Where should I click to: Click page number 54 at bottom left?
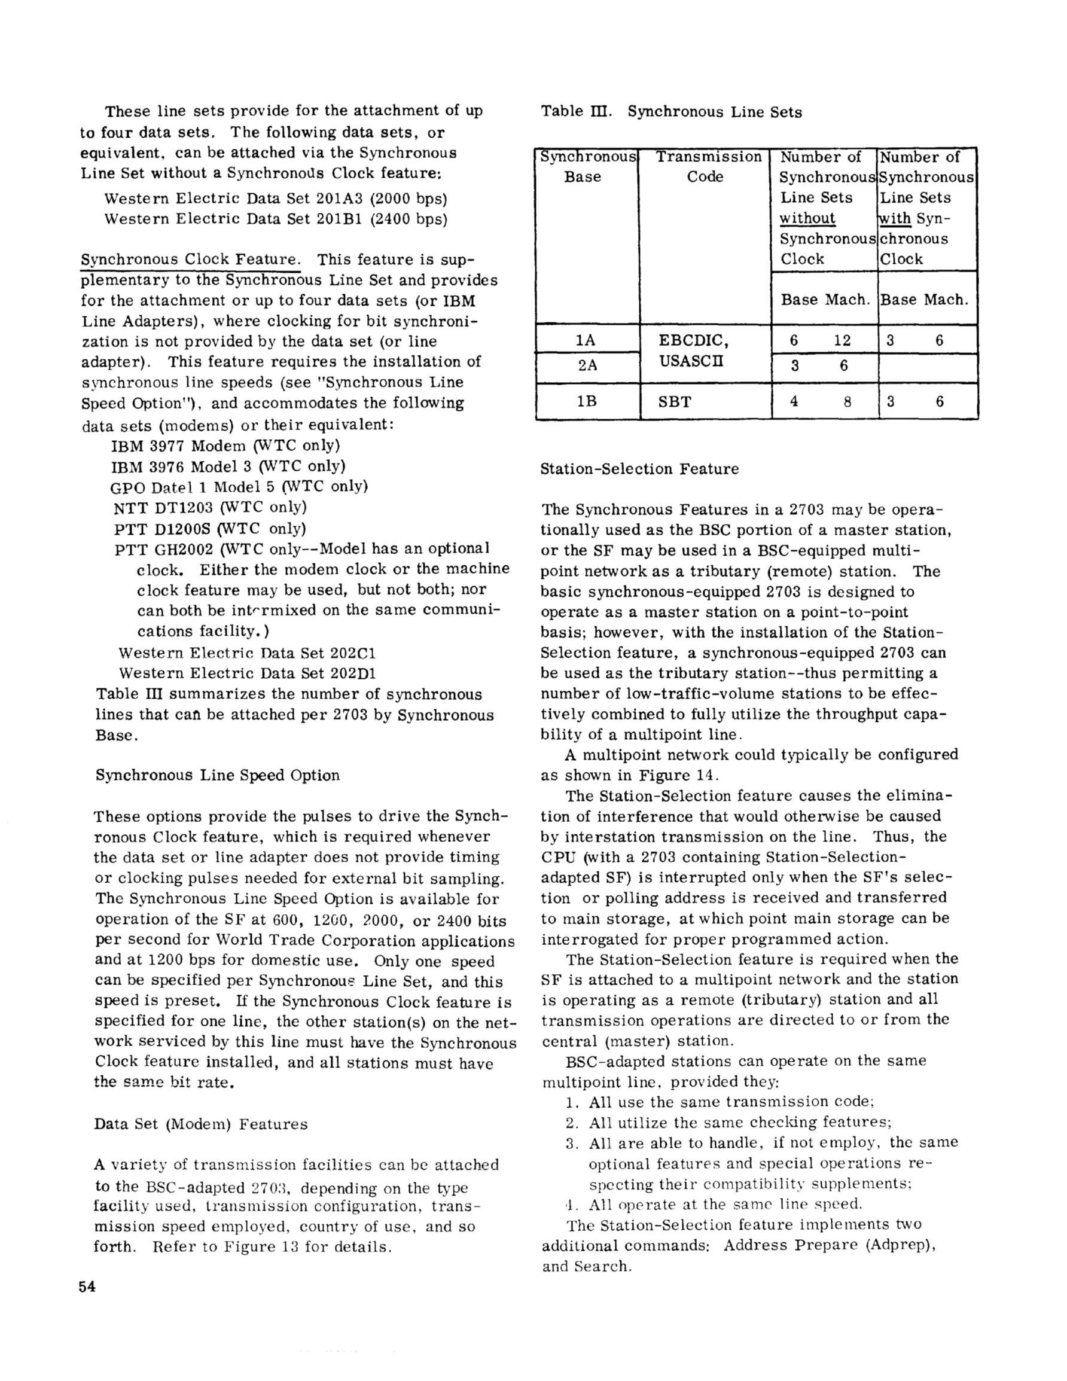(x=87, y=1287)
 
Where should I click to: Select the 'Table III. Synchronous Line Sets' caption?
(x=671, y=112)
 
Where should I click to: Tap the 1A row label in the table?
(x=586, y=340)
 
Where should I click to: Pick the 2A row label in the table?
(x=587, y=365)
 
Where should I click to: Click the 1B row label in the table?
(x=587, y=401)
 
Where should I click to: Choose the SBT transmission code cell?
(x=675, y=401)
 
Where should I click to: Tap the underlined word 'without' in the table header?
(x=807, y=218)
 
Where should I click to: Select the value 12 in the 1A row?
(x=842, y=340)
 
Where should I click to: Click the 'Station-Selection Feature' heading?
(x=639, y=468)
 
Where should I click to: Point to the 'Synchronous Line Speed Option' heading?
(x=218, y=775)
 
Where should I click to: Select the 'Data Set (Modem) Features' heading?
(x=200, y=1124)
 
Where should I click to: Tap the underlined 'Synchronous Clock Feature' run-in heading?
(x=190, y=259)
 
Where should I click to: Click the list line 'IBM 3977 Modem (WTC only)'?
(x=226, y=445)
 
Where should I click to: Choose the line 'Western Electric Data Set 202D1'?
(x=248, y=673)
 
